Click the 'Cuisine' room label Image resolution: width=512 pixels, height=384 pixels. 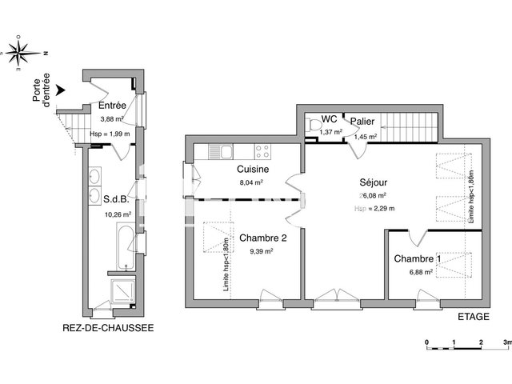coord(252,170)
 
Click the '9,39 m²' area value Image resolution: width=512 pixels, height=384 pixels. coord(261,250)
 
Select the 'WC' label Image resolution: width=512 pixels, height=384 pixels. coord(329,119)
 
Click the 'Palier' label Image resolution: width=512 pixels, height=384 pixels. coord(362,121)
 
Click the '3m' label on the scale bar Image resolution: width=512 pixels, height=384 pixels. coord(506,342)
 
